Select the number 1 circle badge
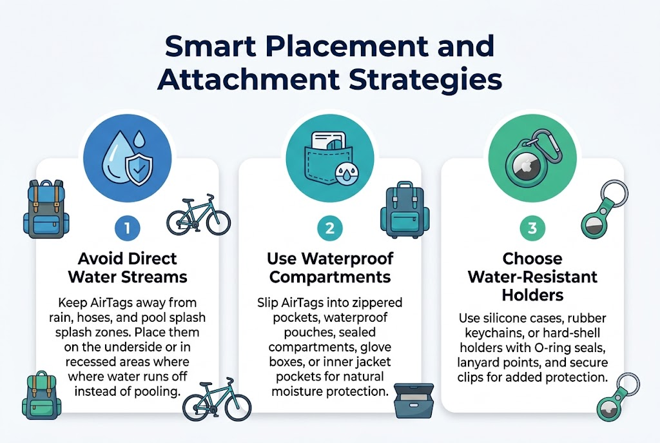click(x=128, y=228)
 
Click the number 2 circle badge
click(x=329, y=228)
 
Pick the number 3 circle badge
click(x=532, y=228)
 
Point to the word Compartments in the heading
click(x=329, y=277)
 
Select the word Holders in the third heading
click(x=532, y=295)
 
